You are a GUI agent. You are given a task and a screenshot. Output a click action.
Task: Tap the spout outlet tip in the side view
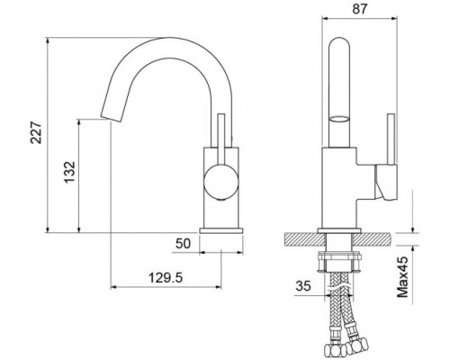[x=107, y=116]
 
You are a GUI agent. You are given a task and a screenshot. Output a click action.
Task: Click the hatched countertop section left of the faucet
[x=301, y=239]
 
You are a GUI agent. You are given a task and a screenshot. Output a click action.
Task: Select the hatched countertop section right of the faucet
[x=375, y=239]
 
